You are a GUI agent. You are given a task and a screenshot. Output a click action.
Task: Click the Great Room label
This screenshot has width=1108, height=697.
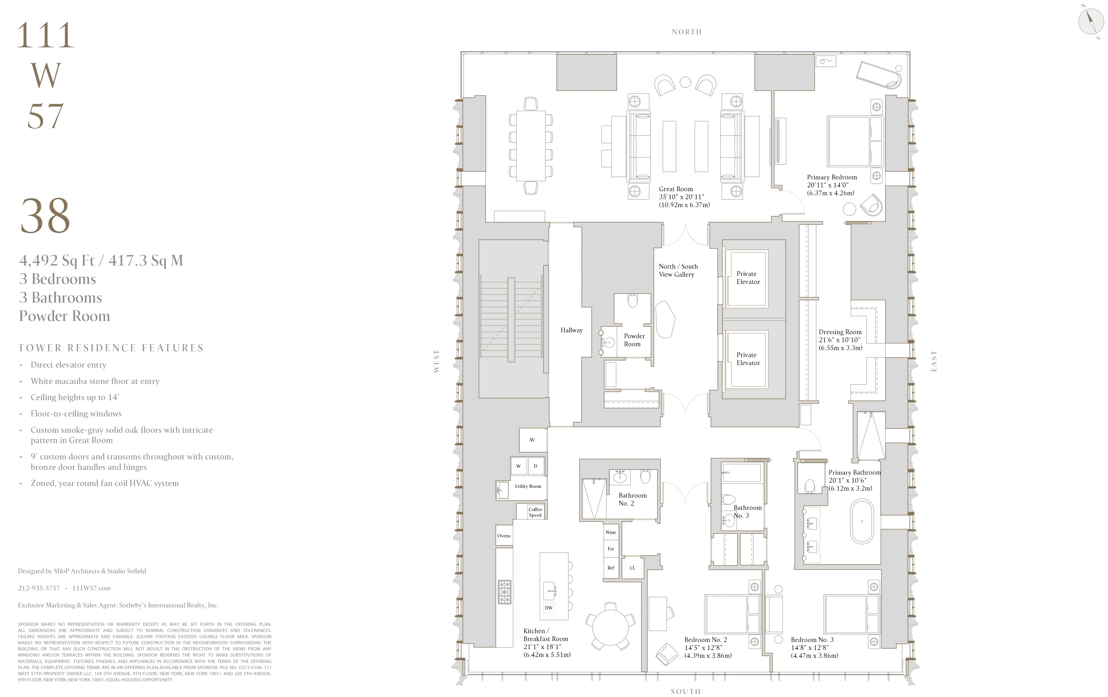[x=676, y=189]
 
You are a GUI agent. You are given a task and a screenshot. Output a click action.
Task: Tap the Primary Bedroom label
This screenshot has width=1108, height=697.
[x=832, y=177]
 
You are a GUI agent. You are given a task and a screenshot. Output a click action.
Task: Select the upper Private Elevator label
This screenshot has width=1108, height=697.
[x=748, y=278]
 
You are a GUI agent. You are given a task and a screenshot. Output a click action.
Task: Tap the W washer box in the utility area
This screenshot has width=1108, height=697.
[x=519, y=466]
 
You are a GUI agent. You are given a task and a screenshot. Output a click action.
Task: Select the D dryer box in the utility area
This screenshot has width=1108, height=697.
[x=536, y=466]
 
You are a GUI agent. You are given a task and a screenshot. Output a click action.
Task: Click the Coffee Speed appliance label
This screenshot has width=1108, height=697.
[x=535, y=512]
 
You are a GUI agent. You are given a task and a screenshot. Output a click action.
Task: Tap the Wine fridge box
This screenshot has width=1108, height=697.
[x=611, y=532]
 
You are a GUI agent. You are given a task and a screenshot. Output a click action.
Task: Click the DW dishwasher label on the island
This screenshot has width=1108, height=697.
[x=549, y=608]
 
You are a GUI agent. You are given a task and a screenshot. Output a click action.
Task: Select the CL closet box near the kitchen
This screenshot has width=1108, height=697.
[x=632, y=568]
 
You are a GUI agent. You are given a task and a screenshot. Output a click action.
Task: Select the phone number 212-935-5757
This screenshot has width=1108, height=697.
[x=39, y=588]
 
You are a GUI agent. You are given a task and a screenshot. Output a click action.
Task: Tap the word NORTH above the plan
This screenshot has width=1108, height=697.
[x=686, y=32]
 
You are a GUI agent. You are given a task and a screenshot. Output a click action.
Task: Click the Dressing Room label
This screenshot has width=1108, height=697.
[x=840, y=332]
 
